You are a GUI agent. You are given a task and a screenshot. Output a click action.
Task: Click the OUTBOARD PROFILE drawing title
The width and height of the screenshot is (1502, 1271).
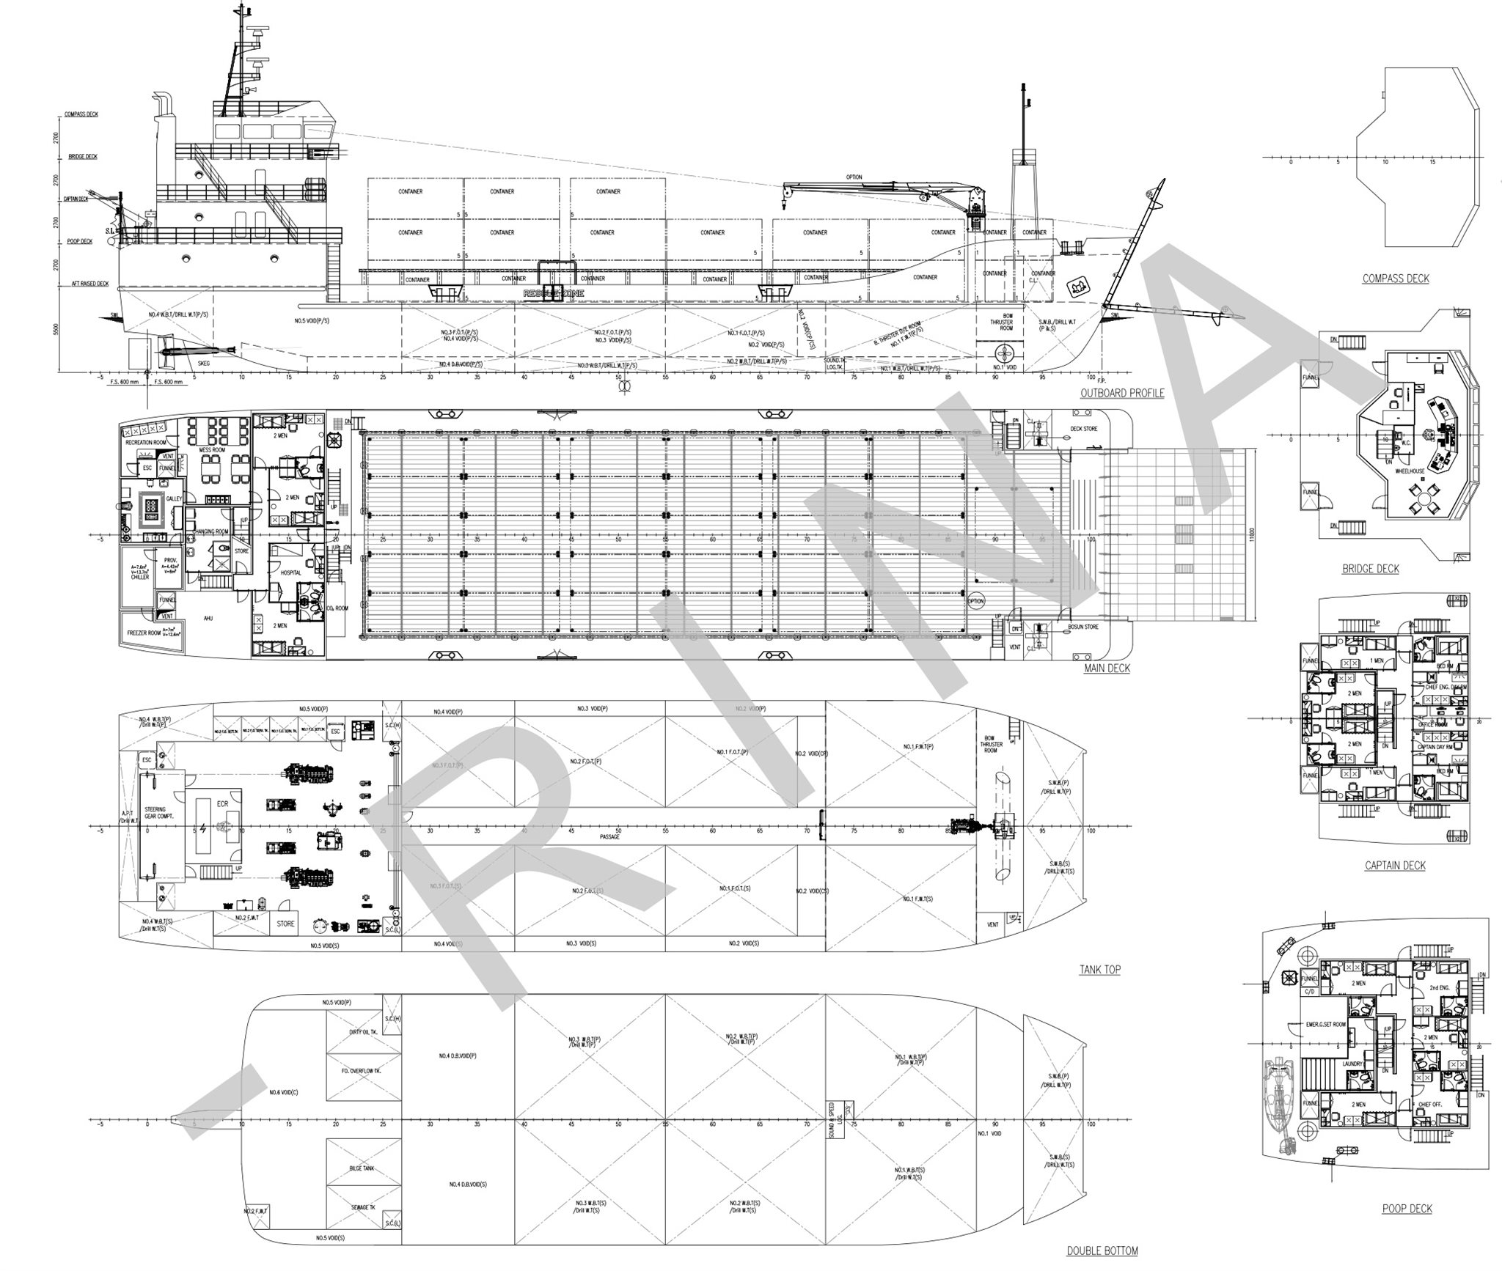point(1121,393)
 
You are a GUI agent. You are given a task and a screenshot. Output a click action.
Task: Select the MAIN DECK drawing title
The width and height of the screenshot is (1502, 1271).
point(1107,668)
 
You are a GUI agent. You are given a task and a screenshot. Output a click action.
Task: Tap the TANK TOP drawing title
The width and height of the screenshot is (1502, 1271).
point(1099,970)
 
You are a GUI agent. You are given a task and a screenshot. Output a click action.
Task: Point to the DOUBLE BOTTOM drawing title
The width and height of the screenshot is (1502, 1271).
point(1102,1251)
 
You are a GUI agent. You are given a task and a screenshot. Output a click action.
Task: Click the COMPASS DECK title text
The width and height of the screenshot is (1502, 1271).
point(1395,279)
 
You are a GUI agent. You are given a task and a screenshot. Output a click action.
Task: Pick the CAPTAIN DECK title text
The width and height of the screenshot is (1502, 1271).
point(1394,866)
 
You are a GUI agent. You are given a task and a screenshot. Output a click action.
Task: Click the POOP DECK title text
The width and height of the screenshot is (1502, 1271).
point(1407,1209)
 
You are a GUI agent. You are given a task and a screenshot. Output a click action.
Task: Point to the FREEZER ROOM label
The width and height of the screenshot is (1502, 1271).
point(144,633)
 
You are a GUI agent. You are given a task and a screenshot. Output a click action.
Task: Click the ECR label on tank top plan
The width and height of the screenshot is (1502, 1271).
point(222,803)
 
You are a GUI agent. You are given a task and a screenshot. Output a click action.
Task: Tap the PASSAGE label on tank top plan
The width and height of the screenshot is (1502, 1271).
point(609,836)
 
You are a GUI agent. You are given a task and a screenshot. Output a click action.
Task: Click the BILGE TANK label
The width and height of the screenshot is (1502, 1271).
point(363,1168)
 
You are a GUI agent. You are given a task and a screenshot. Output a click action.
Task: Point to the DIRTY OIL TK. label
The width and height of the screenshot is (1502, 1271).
point(363,1032)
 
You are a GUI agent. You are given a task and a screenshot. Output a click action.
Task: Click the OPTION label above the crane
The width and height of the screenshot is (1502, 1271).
point(854,177)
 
